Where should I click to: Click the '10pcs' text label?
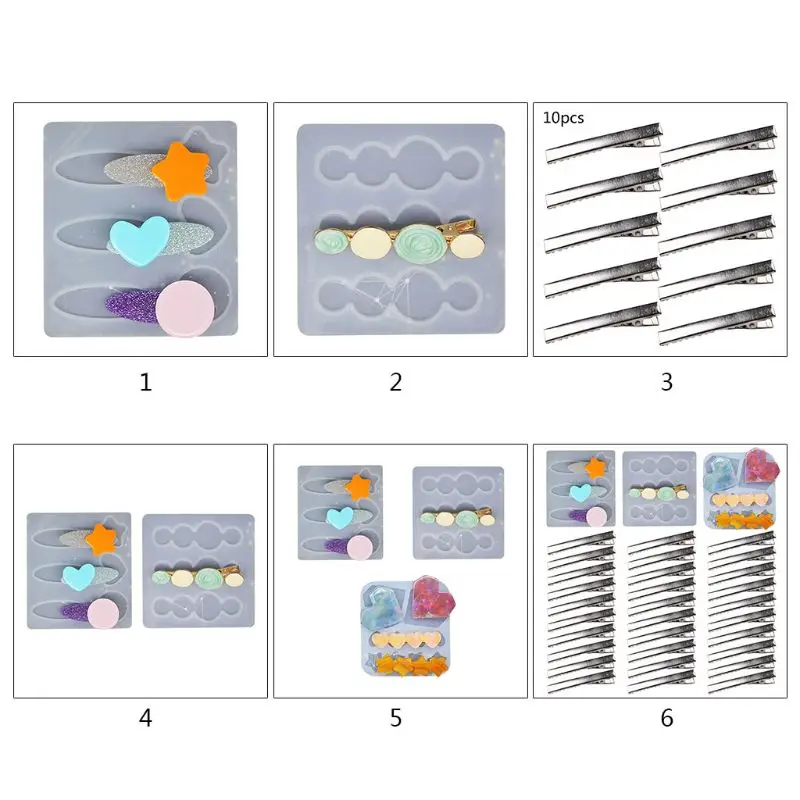[564, 117]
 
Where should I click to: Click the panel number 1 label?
[146, 381]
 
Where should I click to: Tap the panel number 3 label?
[667, 381]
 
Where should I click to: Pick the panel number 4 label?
[146, 718]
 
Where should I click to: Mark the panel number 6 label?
[667, 718]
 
